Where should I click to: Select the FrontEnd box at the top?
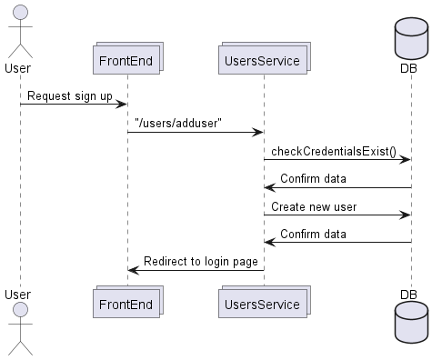[x=127, y=60]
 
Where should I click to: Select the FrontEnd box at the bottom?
[x=127, y=301]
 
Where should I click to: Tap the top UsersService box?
[x=264, y=60]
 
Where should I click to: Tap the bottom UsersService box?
[x=264, y=301]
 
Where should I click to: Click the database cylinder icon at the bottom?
[x=411, y=325]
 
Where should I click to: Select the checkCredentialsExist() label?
[x=333, y=150]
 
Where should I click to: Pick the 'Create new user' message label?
[x=313, y=206]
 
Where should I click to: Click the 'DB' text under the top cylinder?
[x=411, y=68]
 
